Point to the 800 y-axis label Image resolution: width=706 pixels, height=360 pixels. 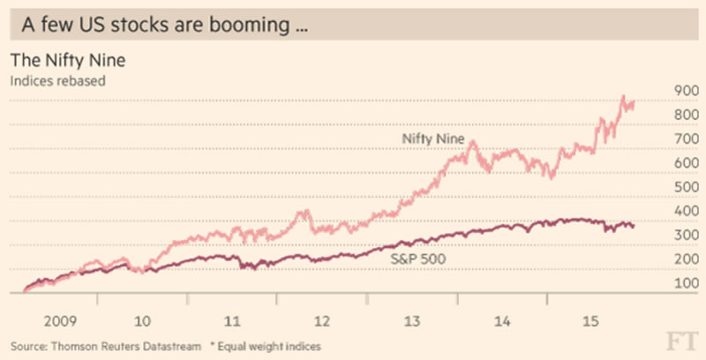point(663,116)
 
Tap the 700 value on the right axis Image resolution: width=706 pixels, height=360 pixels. point(663,139)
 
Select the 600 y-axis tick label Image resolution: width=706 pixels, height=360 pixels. point(663,163)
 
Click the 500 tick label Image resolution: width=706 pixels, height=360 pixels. point(663,187)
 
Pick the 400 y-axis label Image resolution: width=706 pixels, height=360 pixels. point(663,212)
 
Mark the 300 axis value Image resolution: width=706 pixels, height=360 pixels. point(663,236)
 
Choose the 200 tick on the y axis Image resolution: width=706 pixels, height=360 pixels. point(663,259)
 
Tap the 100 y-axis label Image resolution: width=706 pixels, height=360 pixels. point(663,283)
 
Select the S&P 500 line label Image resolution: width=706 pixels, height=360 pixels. point(419,259)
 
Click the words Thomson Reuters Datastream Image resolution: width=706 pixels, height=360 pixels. point(121,343)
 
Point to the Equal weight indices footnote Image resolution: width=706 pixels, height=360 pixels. point(270,343)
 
